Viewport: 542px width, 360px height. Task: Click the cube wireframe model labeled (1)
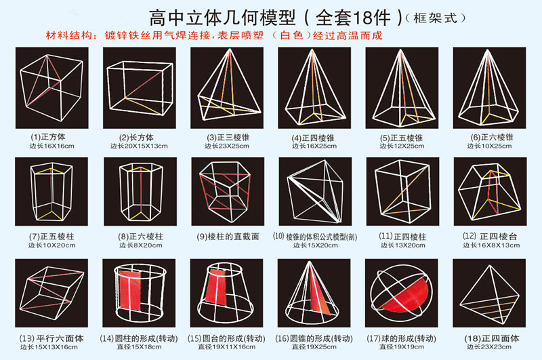click(52, 88)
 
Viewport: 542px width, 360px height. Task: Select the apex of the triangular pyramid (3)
click(230, 49)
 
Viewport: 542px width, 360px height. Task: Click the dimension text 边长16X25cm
click(314, 146)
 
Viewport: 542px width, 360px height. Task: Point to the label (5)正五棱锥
click(401, 138)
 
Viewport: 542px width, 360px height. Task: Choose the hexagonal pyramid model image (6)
click(489, 88)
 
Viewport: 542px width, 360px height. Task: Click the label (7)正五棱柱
click(51, 237)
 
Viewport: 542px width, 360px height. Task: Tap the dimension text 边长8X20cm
click(141, 245)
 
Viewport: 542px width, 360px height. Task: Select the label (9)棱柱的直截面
click(228, 237)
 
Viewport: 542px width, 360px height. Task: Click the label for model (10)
click(315, 237)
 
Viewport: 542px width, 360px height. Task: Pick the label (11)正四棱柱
click(402, 237)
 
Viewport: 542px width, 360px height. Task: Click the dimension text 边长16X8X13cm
click(491, 245)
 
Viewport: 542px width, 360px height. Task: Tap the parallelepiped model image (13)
click(51, 293)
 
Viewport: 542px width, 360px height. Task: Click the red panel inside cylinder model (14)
click(129, 289)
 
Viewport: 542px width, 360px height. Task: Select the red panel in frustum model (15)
click(215, 286)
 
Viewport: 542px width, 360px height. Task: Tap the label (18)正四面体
click(492, 338)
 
